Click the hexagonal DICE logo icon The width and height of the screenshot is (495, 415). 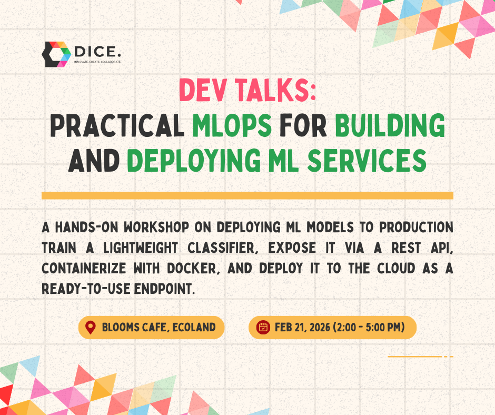point(56,54)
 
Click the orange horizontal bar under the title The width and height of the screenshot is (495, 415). point(247,195)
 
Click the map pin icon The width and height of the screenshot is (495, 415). point(91,328)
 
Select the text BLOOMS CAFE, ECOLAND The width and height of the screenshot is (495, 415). point(158,328)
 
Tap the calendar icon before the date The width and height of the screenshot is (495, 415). point(263,328)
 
